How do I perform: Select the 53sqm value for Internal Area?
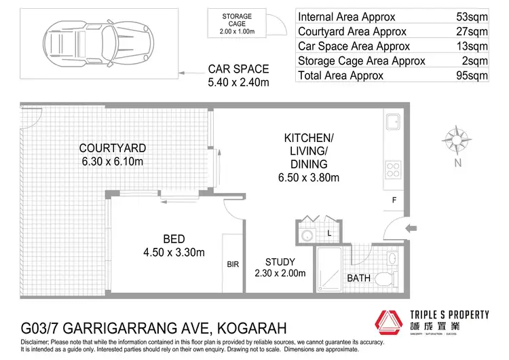[471, 16]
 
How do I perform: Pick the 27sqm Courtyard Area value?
[471, 31]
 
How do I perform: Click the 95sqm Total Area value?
[471, 75]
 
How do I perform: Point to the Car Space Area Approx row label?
[354, 46]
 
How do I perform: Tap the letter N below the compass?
[459, 162]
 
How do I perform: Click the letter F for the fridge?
[394, 200]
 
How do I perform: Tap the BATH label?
[358, 278]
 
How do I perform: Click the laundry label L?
[328, 233]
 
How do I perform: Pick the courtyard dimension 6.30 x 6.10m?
[113, 162]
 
